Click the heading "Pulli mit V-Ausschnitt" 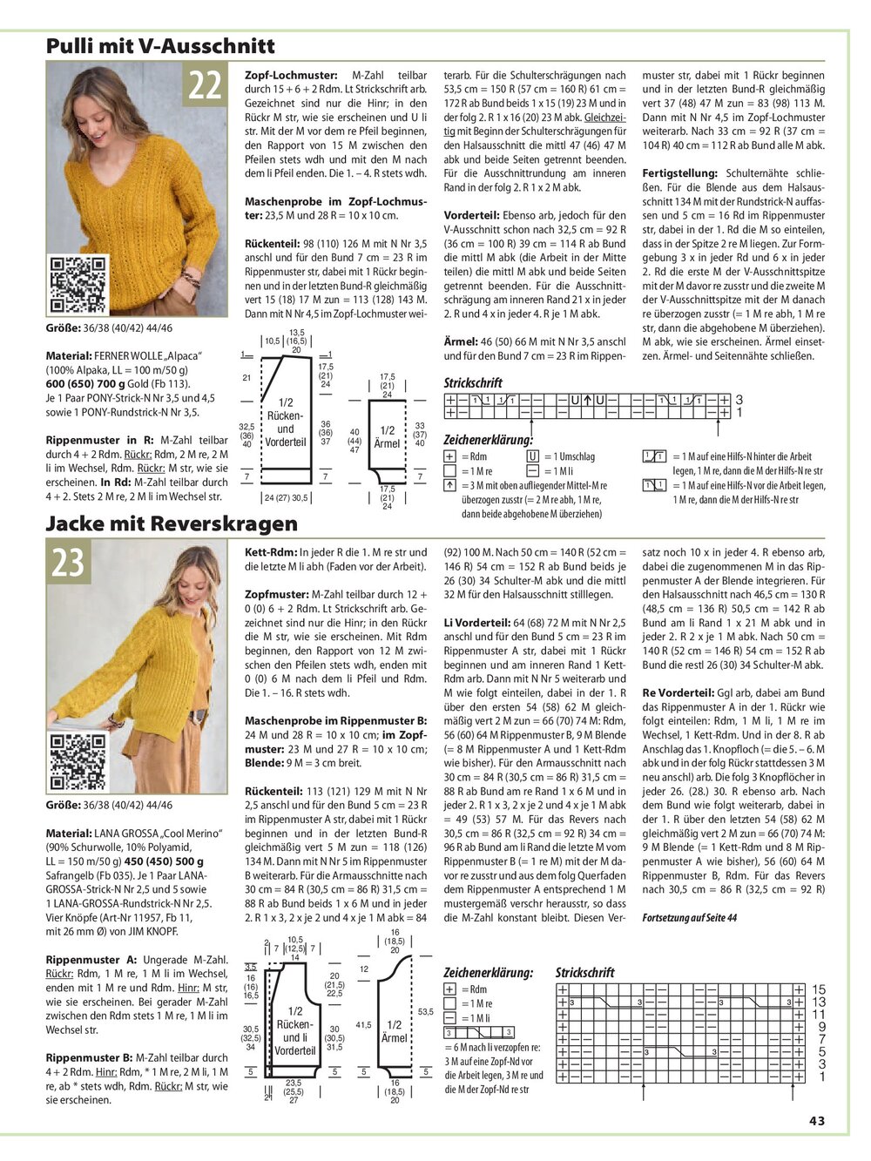pyautogui.click(x=160, y=45)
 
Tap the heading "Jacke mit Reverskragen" pyautogui.click(x=172, y=523)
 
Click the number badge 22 pyautogui.click(x=205, y=86)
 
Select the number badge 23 pyautogui.click(x=67, y=563)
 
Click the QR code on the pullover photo pyautogui.click(x=77, y=285)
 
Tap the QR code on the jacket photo pyautogui.click(x=78, y=760)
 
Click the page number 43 pyautogui.click(x=816, y=1120)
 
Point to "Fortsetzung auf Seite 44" pyautogui.click(x=689, y=917)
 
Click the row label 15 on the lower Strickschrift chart pyautogui.click(x=819, y=989)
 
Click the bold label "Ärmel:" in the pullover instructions pyautogui.click(x=461, y=342)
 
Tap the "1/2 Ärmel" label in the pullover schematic pyautogui.click(x=387, y=436)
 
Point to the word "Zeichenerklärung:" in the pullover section pyautogui.click(x=488, y=440)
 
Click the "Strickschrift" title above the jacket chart pyautogui.click(x=584, y=972)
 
